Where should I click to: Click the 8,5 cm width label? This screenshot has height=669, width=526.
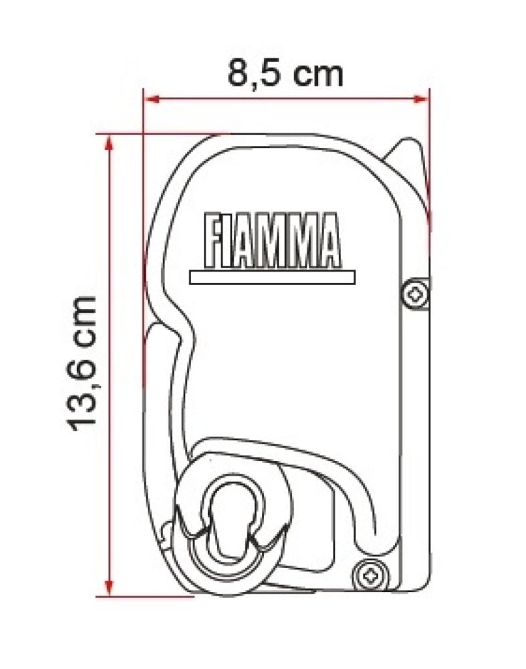coord(285,73)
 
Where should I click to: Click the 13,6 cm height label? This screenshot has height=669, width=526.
coord(84,361)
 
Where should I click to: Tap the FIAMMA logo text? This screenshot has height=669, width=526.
coord(272,240)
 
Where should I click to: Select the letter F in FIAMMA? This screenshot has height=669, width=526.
coord(213,240)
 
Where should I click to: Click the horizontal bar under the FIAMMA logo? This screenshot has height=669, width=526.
coord(272,277)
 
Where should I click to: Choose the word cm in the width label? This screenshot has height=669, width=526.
coord(319,73)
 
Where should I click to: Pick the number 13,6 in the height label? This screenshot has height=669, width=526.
coord(84,395)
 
